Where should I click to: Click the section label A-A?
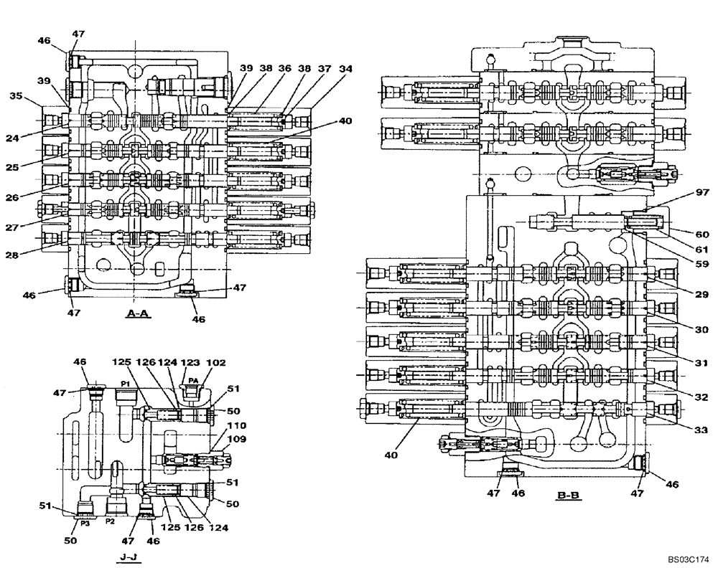(136, 313)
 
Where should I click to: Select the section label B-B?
(568, 495)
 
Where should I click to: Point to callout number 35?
(17, 95)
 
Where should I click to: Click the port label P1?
(124, 384)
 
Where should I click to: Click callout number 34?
(347, 69)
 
